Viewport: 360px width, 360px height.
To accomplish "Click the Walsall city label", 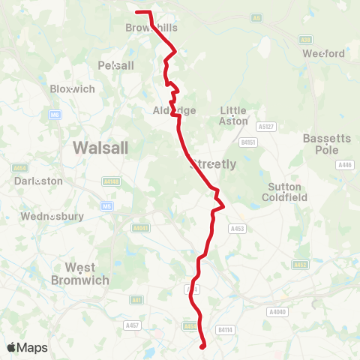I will (x=100, y=147).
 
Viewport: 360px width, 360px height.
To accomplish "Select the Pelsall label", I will (x=115, y=65).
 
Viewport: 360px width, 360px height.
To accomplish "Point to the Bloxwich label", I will (x=72, y=88).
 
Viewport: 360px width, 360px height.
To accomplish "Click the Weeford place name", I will (x=323, y=53).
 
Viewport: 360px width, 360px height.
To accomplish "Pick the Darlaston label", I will (x=38, y=181).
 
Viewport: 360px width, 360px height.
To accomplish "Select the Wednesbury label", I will (x=52, y=217).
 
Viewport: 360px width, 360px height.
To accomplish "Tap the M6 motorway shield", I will (x=55, y=115).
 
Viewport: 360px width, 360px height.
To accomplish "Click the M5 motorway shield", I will (x=107, y=206).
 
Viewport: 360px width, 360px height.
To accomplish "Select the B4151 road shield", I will (x=248, y=141).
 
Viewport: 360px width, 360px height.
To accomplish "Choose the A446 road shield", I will (x=345, y=165).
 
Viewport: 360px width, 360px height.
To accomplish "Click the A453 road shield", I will (x=238, y=229).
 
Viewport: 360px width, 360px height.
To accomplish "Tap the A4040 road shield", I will (x=277, y=311).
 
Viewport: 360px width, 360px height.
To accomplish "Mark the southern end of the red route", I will (x=204, y=346).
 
